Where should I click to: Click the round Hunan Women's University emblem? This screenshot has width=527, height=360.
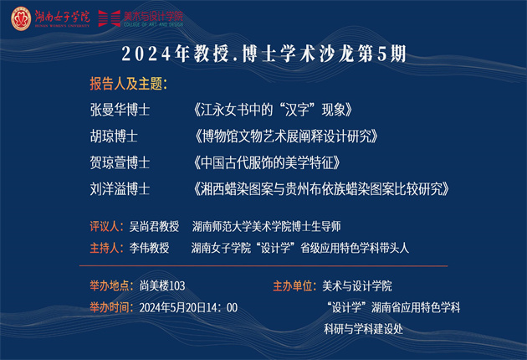[x=21, y=18]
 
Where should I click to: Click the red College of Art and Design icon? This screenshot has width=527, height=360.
[x=110, y=18]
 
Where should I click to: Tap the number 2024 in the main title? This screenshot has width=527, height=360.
[x=146, y=54]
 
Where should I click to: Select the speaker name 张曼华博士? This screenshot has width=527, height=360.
[x=120, y=110]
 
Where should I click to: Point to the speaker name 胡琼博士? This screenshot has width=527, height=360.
[x=114, y=136]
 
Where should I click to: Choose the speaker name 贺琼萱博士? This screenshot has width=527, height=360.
[x=120, y=163]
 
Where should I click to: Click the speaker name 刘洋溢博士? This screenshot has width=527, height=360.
[x=120, y=189]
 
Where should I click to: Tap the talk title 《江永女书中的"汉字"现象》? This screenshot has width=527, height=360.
[x=273, y=110]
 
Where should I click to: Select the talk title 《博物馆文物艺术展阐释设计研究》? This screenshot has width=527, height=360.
[x=286, y=136]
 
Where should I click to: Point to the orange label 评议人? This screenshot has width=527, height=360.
[x=105, y=226]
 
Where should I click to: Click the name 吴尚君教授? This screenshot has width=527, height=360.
[x=154, y=226]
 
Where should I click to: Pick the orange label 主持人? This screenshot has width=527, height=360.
[x=105, y=248]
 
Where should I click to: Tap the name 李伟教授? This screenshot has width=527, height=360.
[x=149, y=248]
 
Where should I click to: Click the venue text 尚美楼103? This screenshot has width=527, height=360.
[x=162, y=286]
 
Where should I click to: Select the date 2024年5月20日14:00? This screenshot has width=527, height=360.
[x=188, y=307]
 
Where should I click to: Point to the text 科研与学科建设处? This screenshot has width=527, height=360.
[x=363, y=329]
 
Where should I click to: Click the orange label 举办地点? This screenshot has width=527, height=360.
[x=110, y=286]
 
